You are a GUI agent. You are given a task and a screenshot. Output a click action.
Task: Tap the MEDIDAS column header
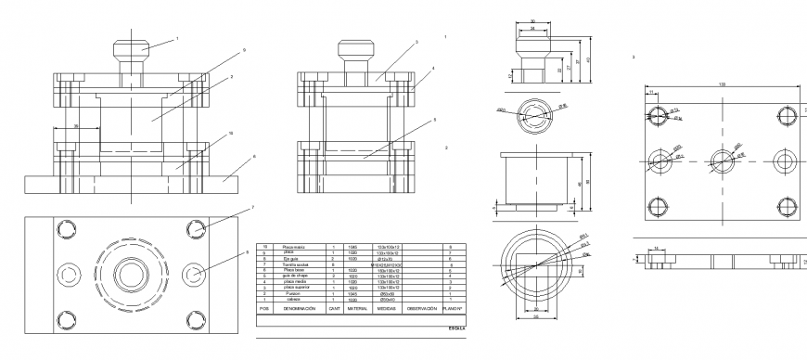388,308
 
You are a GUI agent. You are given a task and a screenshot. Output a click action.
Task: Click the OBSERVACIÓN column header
421,308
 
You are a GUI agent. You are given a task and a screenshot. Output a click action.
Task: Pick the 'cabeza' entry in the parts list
294,299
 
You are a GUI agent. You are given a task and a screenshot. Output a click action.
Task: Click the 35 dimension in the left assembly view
75,124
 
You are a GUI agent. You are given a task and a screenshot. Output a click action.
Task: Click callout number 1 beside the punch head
177,38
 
